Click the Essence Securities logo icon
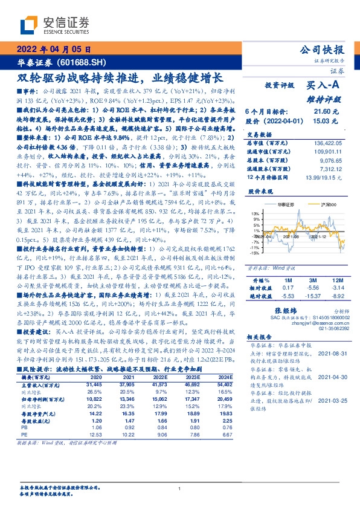pos(30,25)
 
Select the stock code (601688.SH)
pos(74,62)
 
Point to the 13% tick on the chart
pos(256,213)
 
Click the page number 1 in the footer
pos(180,489)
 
